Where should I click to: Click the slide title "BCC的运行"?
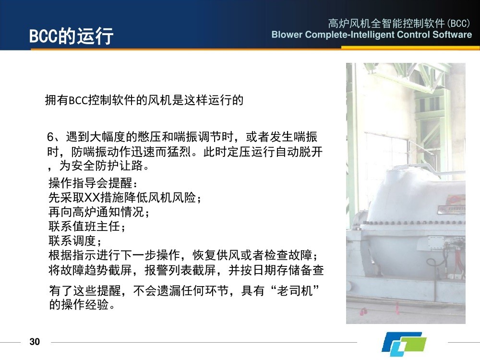(x=72, y=36)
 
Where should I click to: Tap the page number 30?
(x=35, y=342)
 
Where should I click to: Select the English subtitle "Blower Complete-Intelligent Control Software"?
(x=372, y=34)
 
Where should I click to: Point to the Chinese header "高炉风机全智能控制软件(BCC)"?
(x=399, y=23)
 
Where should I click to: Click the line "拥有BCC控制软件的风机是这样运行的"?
(x=144, y=100)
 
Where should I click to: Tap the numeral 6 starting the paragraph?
(x=50, y=137)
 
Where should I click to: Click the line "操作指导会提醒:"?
(x=93, y=183)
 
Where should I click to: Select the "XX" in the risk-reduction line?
(x=92, y=198)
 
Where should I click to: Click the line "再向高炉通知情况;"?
(x=99, y=212)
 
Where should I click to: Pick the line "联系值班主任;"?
(x=87, y=226)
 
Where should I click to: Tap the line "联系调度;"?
(x=75, y=240)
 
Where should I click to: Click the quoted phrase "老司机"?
(x=295, y=290)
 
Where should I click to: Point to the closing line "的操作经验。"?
(x=82, y=305)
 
